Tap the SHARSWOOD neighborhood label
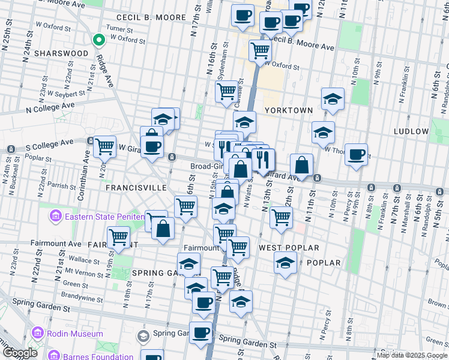click(x=61, y=53)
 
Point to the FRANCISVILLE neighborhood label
click(x=136, y=187)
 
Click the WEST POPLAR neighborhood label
click(x=289, y=247)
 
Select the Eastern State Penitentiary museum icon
click(x=56, y=215)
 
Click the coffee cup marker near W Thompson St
click(x=356, y=155)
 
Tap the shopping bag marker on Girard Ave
click(x=301, y=165)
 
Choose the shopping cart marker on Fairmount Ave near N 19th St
click(x=118, y=238)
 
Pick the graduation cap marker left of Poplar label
click(x=285, y=263)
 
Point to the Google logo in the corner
click(x=20, y=353)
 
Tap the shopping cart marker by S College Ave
click(x=104, y=146)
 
